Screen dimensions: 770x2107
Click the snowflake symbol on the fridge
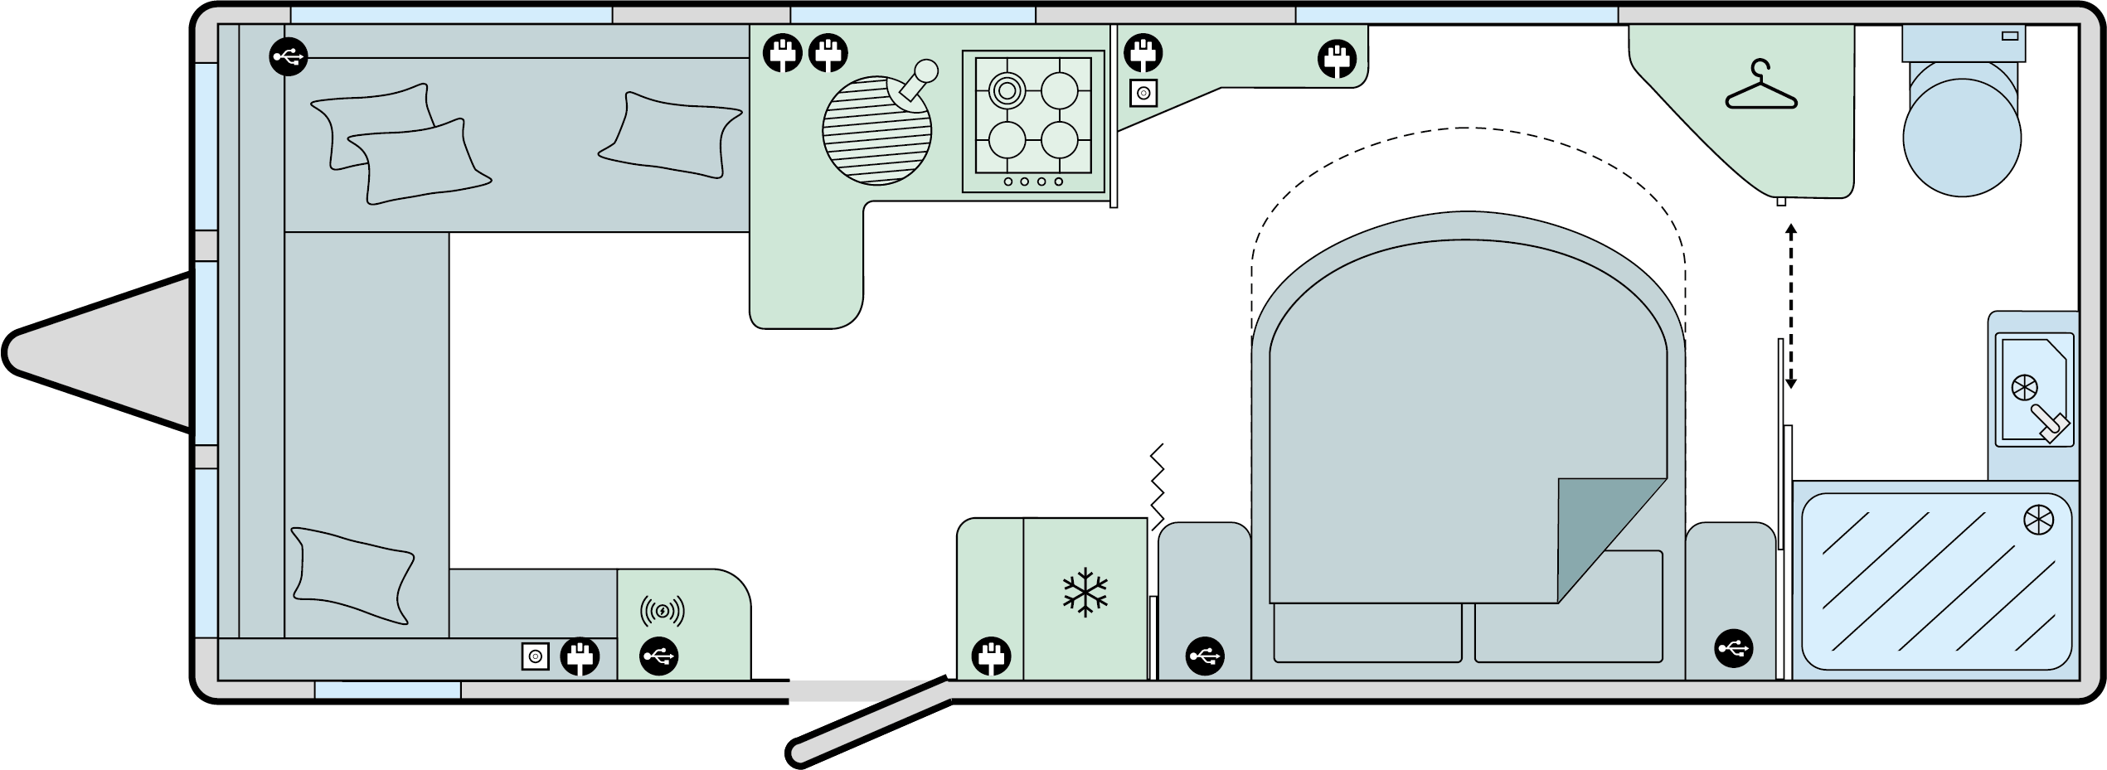click(x=1085, y=593)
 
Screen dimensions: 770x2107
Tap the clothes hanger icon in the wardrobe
click(x=1760, y=87)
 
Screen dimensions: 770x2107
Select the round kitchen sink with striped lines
click(x=876, y=130)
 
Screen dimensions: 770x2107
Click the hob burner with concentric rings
click(x=1007, y=90)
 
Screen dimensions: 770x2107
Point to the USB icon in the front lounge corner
click(x=289, y=57)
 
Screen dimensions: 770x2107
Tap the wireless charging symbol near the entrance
click(x=662, y=612)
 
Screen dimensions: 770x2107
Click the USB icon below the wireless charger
click(x=659, y=657)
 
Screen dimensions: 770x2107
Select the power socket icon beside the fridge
click(x=990, y=657)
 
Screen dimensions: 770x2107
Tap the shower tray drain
click(x=2038, y=521)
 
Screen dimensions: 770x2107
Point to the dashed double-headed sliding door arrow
click(x=1791, y=307)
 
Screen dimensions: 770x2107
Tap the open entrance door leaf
click(x=869, y=723)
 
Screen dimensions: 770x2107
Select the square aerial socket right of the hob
click(x=1143, y=94)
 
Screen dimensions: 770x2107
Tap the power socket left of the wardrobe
click(x=1338, y=60)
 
